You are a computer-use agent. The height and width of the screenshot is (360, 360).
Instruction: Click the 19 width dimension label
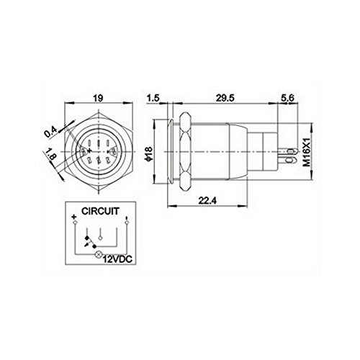coord(101,93)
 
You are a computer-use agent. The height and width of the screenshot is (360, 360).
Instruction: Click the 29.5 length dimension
coord(223,93)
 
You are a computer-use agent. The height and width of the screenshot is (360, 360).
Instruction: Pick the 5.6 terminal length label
coord(286,93)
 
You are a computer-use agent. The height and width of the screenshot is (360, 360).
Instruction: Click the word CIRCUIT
coord(101,213)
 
